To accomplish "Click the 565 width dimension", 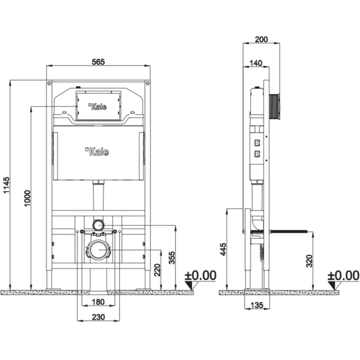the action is coord(98,62).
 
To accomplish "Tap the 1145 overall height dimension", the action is coord(6,185).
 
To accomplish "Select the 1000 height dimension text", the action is coord(27,198).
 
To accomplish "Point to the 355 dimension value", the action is coord(172,258).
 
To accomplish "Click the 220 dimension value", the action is coord(157,270).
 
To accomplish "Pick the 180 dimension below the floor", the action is coord(98,302).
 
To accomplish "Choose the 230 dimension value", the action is coord(99,317).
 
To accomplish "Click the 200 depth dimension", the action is coord(261,40).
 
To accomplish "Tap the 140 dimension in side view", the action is coord(256,63).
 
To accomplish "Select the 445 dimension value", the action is coord(223,249).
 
